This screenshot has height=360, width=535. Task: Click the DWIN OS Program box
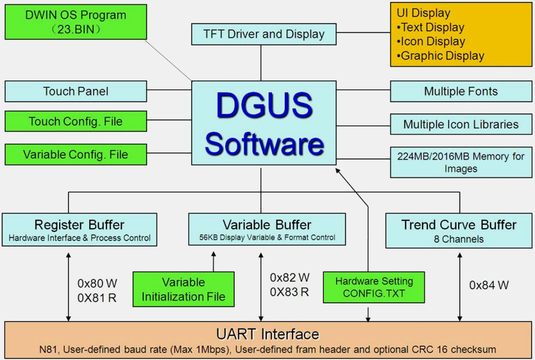point(75,22)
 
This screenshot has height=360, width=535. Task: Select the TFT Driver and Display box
point(264,34)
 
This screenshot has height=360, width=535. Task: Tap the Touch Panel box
point(75,91)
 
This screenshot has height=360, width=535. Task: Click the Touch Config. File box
point(75,122)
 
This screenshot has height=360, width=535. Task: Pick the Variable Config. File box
point(75,154)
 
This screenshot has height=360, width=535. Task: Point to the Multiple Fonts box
point(461,91)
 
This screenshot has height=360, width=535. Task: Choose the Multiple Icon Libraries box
point(461,125)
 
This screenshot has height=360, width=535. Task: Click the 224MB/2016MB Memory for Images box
point(461,162)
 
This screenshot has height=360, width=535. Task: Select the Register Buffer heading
point(79,225)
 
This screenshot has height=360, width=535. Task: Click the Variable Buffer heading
point(267,225)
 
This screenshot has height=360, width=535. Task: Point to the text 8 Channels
point(458,239)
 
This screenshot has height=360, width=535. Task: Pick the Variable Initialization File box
point(183,289)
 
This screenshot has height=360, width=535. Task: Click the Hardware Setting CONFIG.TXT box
point(374,287)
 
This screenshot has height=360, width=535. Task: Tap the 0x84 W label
point(489,285)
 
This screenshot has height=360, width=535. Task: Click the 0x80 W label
point(97,283)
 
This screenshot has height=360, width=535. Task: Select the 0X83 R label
point(289,292)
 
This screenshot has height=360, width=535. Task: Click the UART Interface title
point(267,334)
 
